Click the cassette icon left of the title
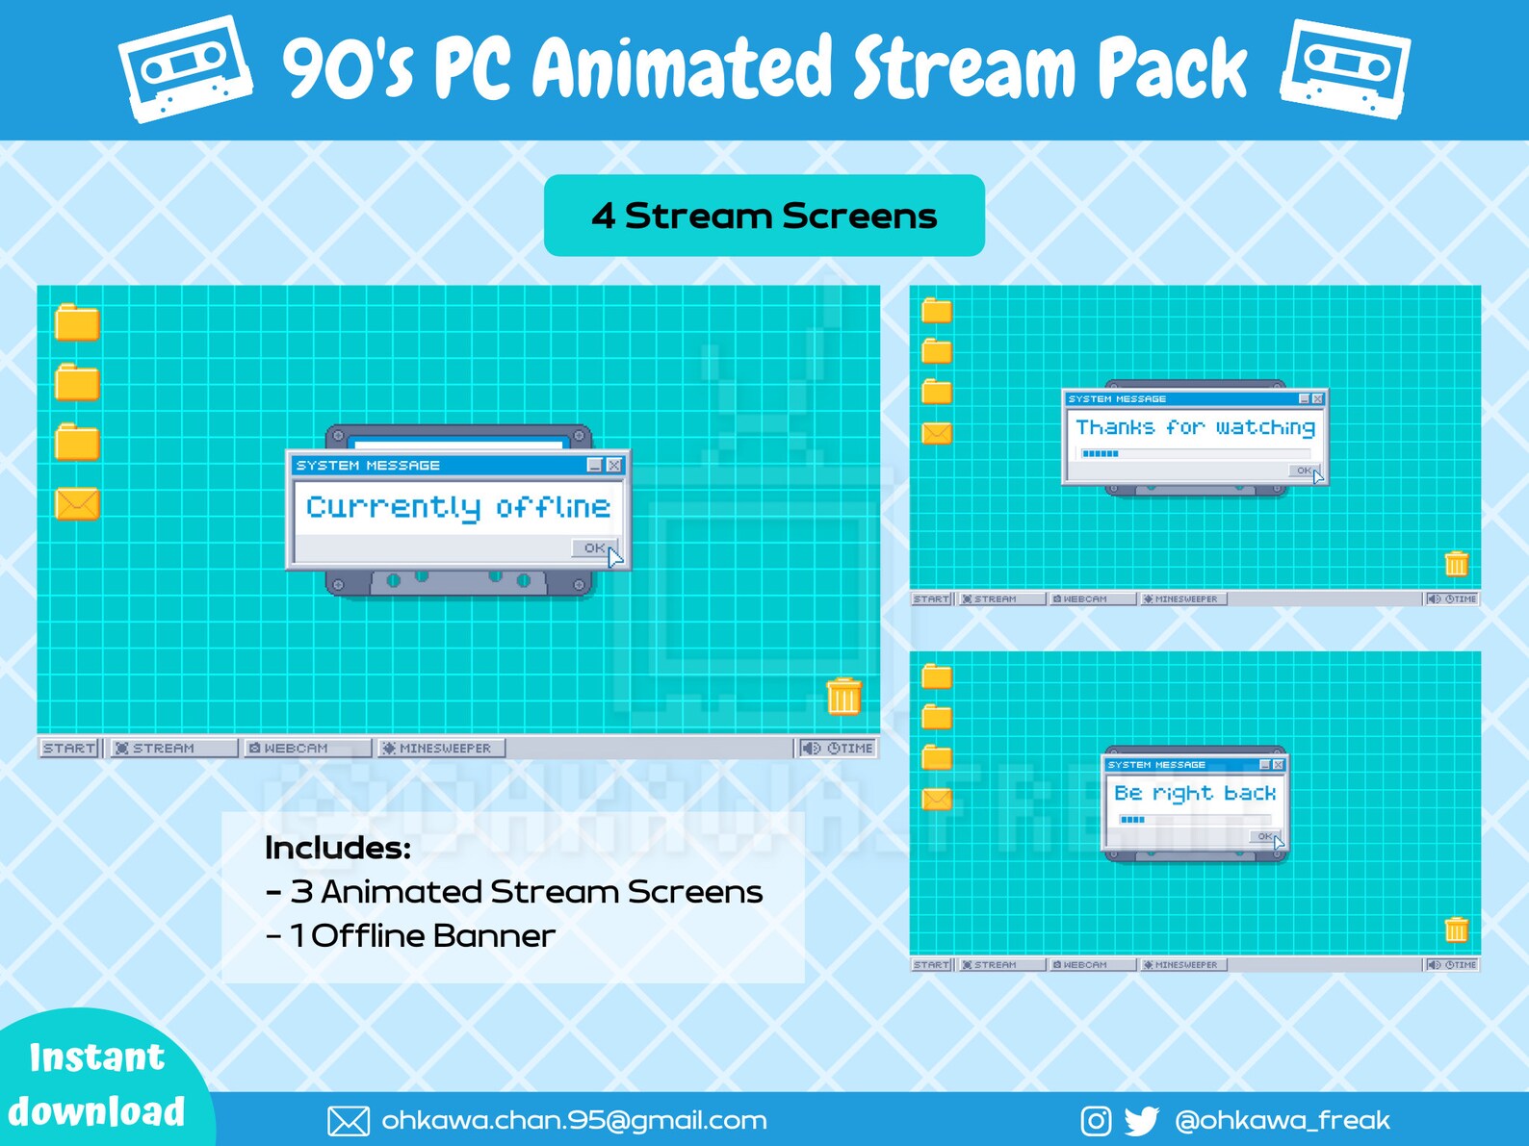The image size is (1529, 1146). tap(185, 69)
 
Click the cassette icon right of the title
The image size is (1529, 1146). tap(1345, 69)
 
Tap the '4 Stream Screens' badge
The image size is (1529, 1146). tap(764, 216)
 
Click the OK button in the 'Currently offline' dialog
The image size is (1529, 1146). tap(594, 548)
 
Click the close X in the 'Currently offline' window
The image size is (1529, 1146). tap(614, 465)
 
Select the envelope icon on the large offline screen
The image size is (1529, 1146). tap(77, 504)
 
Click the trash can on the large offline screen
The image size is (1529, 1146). tap(843, 697)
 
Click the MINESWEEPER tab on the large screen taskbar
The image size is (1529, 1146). tap(440, 748)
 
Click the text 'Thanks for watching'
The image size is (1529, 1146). tap(1195, 427)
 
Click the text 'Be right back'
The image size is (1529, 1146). tap(1195, 793)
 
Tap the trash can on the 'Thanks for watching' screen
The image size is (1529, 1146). tap(1456, 564)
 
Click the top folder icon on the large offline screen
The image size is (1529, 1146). tap(77, 323)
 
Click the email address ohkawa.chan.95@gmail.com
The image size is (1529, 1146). tap(574, 1120)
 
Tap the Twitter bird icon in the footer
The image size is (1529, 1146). tap(1142, 1120)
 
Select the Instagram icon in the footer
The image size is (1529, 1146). tap(1096, 1120)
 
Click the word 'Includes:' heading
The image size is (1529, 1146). tap(338, 848)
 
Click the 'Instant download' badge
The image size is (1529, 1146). tap(96, 1084)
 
